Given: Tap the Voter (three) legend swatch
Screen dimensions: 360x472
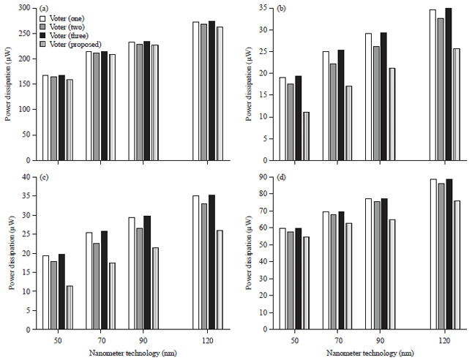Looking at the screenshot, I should (x=45, y=35).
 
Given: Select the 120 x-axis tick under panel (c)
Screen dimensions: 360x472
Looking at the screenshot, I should (x=208, y=340).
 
